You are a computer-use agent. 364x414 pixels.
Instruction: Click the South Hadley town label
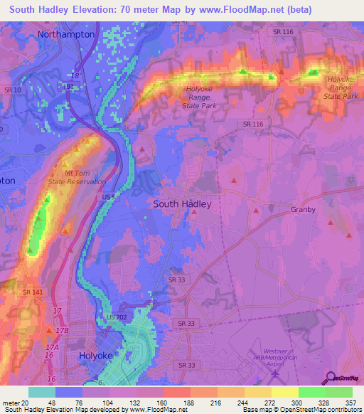point(183,203)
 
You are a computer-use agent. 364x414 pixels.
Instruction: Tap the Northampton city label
point(66,33)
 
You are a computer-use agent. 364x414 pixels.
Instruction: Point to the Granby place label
point(303,210)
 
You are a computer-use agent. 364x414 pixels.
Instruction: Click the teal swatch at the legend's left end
point(41,392)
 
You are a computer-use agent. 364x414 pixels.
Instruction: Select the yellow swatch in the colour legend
point(285,392)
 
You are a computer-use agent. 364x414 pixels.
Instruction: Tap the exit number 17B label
point(62,331)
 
